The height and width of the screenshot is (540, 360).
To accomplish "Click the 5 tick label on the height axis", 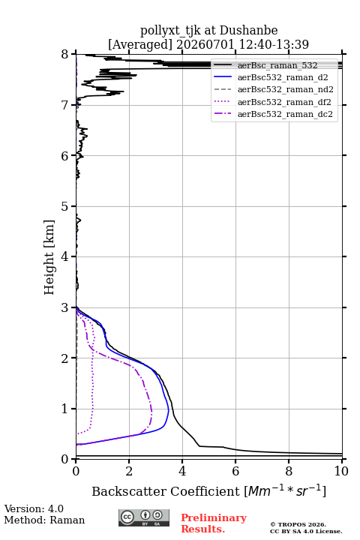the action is click(64, 206).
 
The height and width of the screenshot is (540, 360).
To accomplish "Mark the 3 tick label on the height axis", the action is click(64, 307).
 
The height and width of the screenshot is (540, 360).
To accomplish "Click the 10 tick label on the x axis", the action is click(341, 471).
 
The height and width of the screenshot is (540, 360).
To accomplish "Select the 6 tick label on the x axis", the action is click(235, 471).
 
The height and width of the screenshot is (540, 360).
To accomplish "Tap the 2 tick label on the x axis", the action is click(129, 471).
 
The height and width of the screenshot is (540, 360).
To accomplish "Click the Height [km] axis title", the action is click(49, 257).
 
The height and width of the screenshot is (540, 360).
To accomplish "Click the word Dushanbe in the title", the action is click(248, 31).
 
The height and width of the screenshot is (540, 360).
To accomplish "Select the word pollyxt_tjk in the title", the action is click(170, 31).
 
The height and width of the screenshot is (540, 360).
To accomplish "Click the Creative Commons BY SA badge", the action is click(144, 517).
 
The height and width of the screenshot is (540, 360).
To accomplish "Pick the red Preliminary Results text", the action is click(214, 523).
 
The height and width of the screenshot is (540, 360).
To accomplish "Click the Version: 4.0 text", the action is click(34, 508).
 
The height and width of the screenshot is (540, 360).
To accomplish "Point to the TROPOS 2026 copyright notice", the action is click(298, 524).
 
